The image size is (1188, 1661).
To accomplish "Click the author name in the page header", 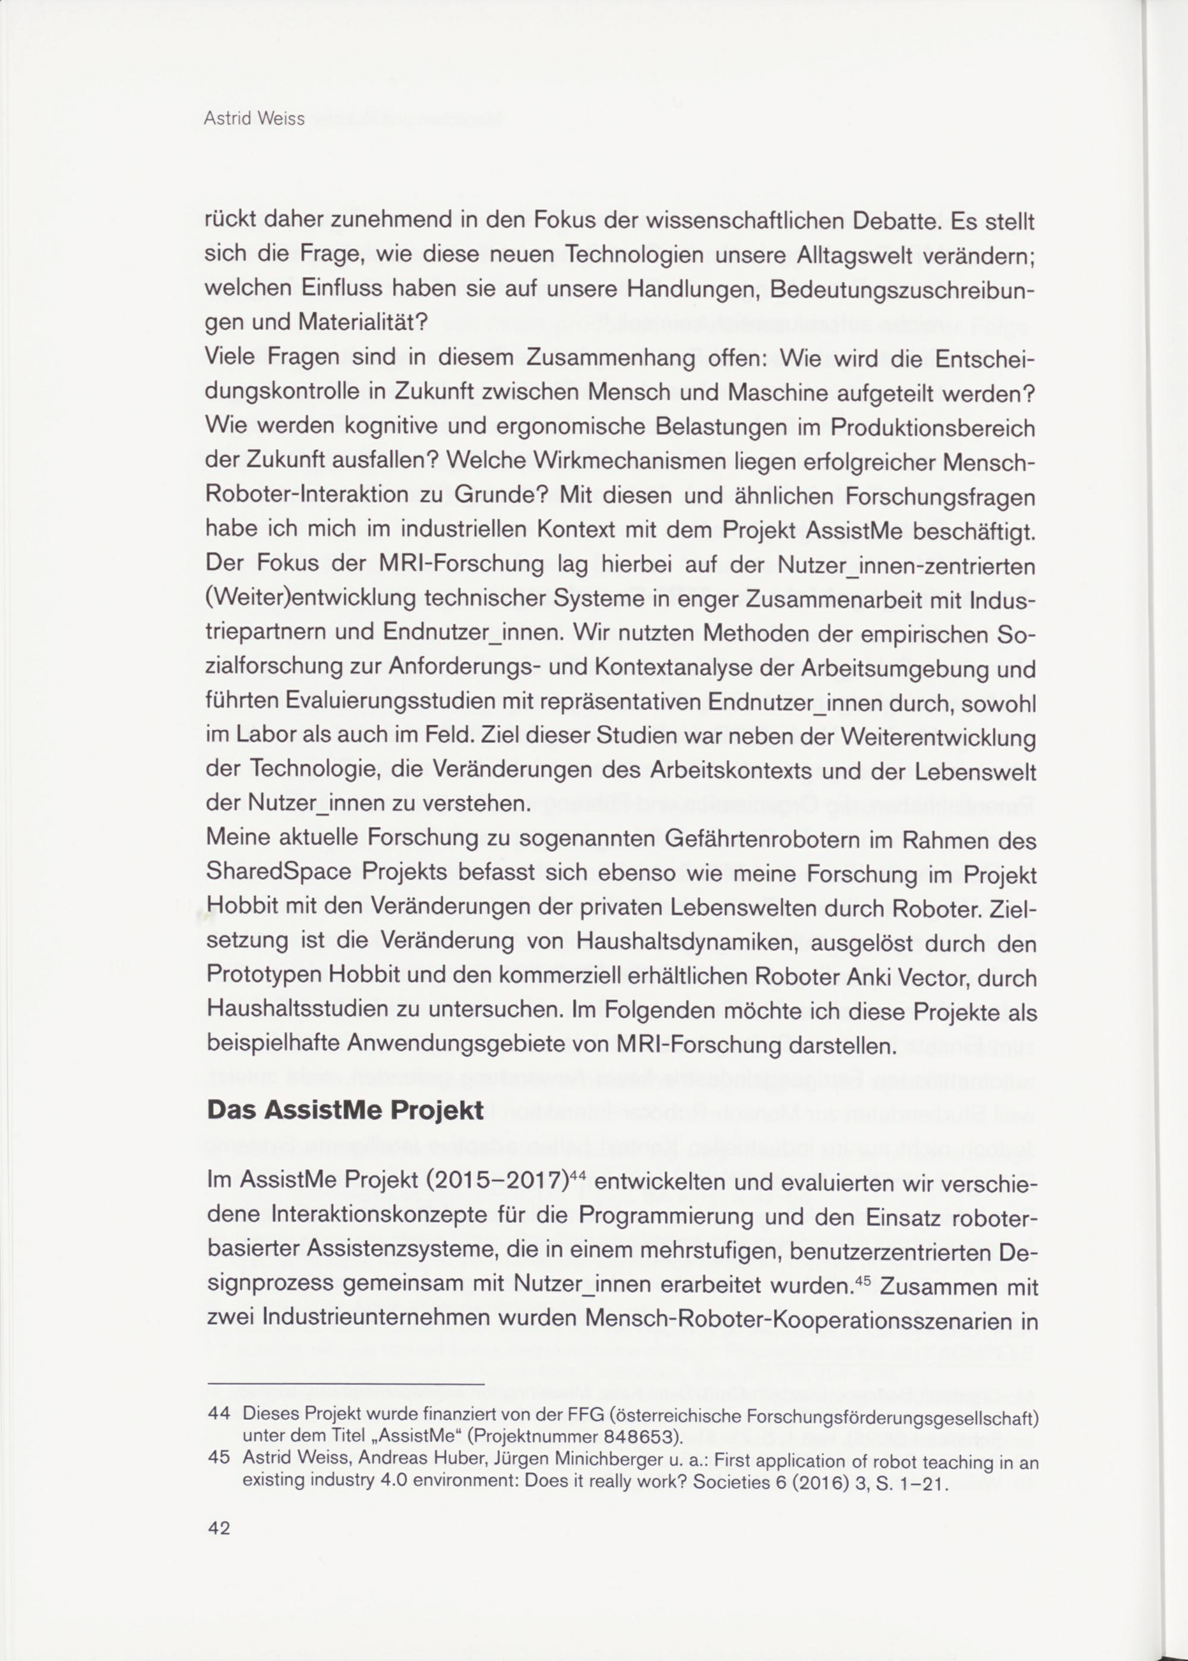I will [254, 119].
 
